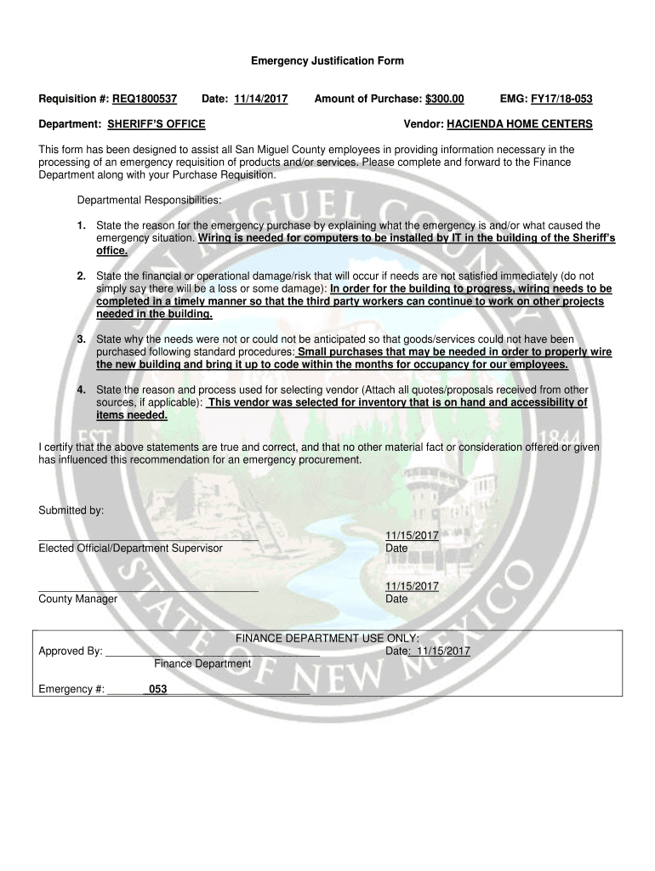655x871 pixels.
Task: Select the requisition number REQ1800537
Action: (145, 100)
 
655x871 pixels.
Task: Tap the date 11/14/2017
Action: (261, 100)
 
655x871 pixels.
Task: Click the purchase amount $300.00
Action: (445, 100)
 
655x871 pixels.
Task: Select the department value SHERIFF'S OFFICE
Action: (157, 124)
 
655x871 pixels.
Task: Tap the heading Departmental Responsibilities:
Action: (149, 200)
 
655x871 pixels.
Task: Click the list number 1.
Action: (80, 226)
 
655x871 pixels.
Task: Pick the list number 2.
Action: (80, 276)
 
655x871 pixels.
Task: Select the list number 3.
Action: (80, 339)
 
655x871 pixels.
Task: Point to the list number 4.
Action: (80, 390)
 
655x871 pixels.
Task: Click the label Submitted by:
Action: (71, 510)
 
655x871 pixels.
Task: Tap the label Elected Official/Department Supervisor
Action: (130, 549)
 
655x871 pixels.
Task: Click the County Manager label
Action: (78, 600)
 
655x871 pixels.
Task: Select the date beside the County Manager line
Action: (412, 587)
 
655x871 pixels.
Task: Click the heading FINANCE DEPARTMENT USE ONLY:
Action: (327, 639)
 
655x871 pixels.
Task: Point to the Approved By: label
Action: (71, 652)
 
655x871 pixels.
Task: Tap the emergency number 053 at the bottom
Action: (157, 690)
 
